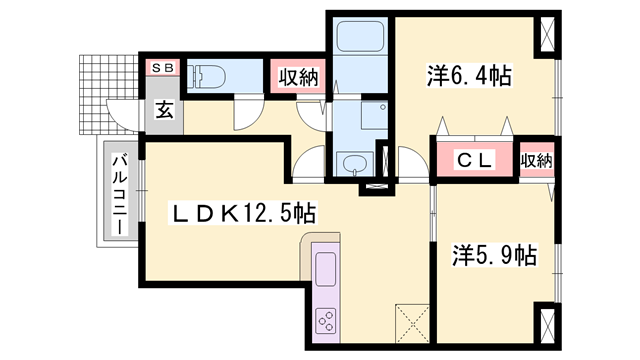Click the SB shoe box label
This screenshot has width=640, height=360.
(x=162, y=68)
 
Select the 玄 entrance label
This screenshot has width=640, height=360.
(x=164, y=111)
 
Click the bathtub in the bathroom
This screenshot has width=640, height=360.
(x=357, y=39)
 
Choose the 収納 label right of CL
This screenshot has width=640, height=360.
(x=536, y=159)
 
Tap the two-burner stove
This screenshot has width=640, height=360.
(x=327, y=321)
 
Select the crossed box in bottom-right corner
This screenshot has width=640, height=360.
(x=550, y=327)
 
